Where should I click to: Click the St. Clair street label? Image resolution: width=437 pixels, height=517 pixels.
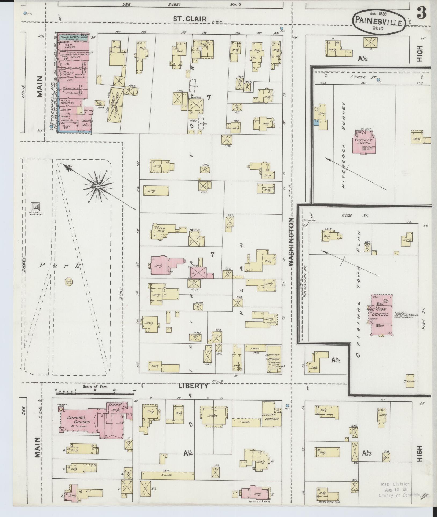190,19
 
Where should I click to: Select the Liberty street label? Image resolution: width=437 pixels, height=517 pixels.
194,386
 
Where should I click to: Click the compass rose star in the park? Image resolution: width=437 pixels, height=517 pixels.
98,186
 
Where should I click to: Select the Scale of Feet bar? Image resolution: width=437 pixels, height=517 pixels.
95,394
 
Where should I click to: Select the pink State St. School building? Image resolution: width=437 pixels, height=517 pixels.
364,142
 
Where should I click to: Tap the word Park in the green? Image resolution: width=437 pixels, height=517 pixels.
59,266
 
